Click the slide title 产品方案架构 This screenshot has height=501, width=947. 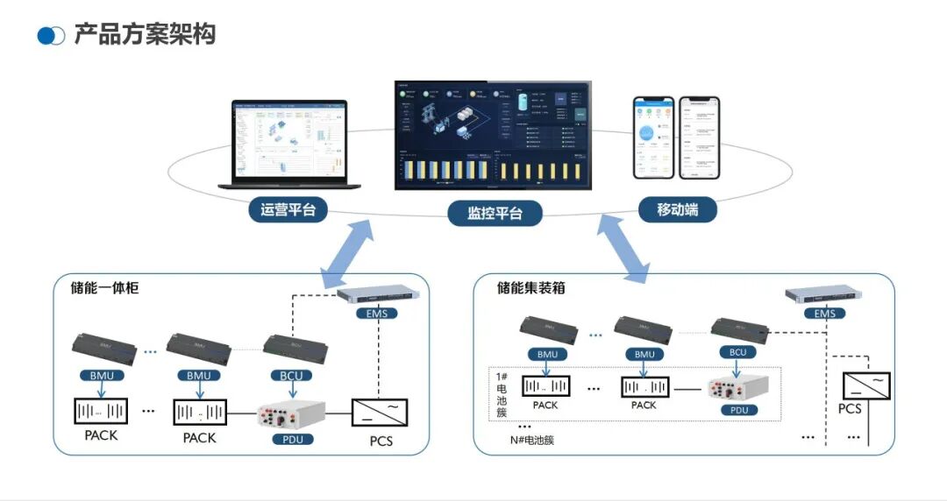point(145,34)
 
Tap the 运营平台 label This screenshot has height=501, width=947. point(288,210)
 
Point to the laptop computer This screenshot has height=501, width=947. point(290,145)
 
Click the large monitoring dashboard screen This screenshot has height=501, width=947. point(492,136)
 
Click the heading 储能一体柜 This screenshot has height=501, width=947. point(105,287)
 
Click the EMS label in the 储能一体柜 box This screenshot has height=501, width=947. point(377,313)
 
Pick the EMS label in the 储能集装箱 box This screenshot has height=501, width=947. point(824,314)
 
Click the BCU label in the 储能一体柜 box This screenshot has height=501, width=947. point(292,376)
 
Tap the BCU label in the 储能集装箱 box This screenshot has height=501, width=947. point(737,352)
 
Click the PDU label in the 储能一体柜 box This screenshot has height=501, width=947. point(293,438)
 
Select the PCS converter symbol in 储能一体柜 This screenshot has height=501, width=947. point(381,411)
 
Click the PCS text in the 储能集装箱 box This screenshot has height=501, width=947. point(849,409)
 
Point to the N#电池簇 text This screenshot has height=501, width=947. point(532,441)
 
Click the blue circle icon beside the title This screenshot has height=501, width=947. point(51,36)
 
